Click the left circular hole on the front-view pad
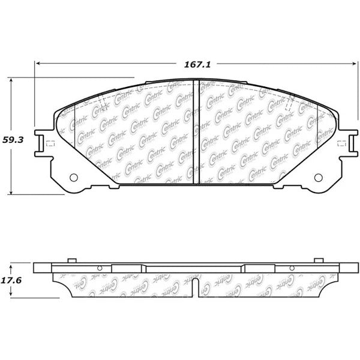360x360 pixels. point(74,178)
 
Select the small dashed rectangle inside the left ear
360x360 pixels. point(50,143)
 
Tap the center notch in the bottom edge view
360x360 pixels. point(195,287)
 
